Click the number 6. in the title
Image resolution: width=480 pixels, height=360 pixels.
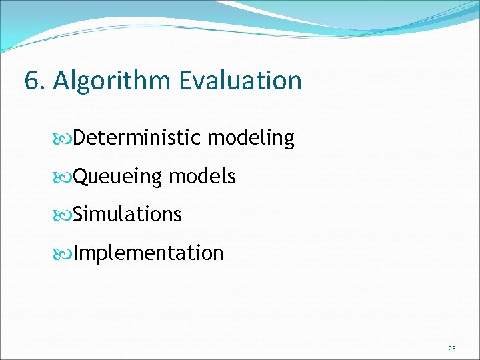[x=35, y=81]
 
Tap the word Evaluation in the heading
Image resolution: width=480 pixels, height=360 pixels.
[x=240, y=81]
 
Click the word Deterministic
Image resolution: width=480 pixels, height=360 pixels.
[x=137, y=138]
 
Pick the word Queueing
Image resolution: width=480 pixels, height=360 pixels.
[x=117, y=177]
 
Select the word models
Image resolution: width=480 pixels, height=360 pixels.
[x=202, y=177]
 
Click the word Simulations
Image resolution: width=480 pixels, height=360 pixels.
[x=127, y=215]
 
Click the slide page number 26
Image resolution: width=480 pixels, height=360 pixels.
[x=452, y=349]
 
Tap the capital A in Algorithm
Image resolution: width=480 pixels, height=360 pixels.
[x=62, y=81]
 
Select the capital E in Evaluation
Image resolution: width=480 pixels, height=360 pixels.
[x=186, y=81]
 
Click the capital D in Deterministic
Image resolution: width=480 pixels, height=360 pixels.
[x=79, y=138]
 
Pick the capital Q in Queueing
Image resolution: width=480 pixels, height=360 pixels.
[x=80, y=177]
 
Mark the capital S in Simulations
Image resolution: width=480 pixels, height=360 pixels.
[x=79, y=215]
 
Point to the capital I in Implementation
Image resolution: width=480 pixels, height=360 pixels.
[x=76, y=253]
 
